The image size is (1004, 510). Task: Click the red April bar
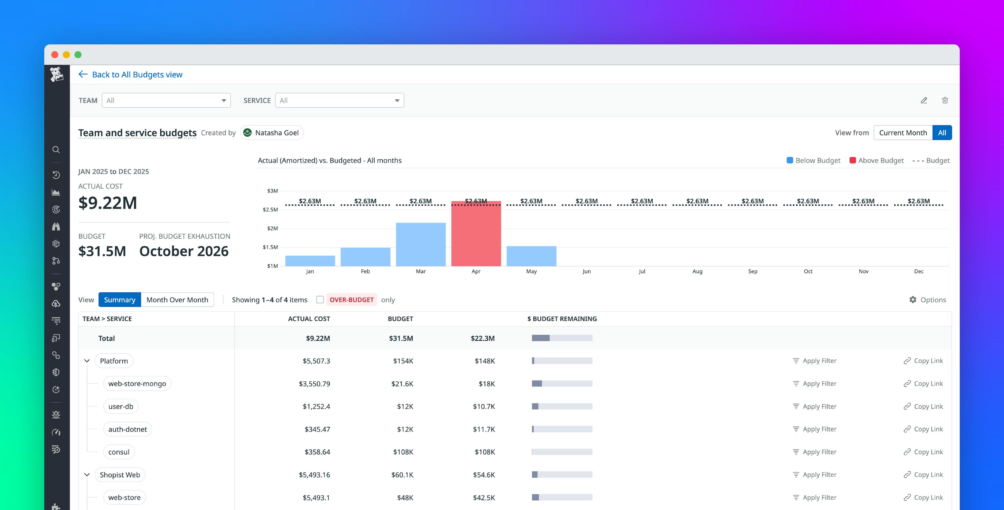click(476, 234)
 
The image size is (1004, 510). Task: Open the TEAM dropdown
click(166, 101)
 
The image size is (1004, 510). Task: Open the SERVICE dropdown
click(339, 101)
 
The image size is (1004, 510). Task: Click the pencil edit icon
click(924, 101)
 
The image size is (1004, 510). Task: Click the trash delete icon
click(945, 101)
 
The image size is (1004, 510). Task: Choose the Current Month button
click(903, 133)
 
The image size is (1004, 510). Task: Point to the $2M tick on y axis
click(272, 229)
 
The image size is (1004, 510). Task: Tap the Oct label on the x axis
click(808, 271)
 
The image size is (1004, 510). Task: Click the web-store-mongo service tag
click(137, 384)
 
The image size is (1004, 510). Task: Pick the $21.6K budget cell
click(402, 384)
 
